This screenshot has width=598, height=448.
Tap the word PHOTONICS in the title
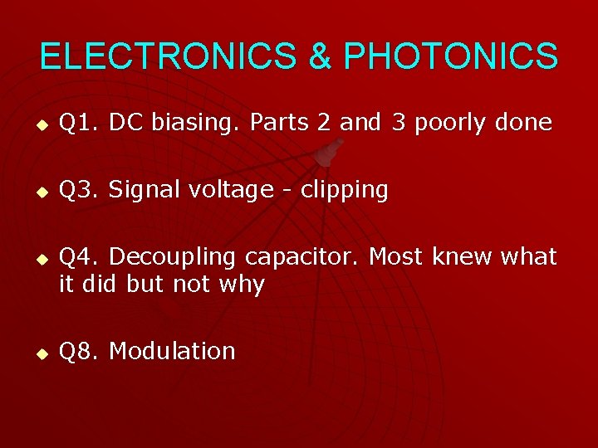(x=450, y=56)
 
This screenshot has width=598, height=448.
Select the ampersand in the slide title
(x=320, y=56)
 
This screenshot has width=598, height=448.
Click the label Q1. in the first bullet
(x=81, y=123)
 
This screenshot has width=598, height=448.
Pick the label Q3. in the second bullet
(x=81, y=190)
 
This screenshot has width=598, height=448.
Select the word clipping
(x=344, y=191)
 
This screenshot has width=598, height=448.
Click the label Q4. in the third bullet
(x=81, y=257)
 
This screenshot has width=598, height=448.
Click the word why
(x=242, y=285)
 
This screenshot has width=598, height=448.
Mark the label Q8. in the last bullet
(x=81, y=351)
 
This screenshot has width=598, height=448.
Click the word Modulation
(x=172, y=351)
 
